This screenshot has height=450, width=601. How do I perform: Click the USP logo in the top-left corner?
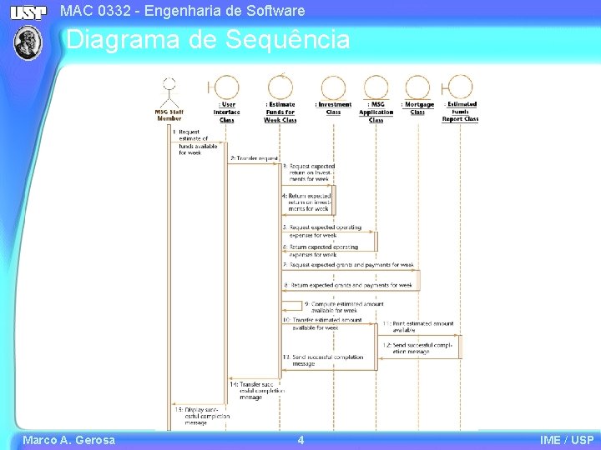28,12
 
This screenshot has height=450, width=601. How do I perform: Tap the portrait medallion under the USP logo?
28,42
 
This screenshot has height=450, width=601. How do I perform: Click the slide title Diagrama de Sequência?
208,39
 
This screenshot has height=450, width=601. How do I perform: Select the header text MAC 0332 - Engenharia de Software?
183,12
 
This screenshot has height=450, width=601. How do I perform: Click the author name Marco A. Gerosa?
68,440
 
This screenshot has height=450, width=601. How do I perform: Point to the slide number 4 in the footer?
300,440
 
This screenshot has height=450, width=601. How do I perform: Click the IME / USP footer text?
567,440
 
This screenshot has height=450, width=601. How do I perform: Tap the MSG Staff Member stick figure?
169,89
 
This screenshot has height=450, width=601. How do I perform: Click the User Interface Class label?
226,112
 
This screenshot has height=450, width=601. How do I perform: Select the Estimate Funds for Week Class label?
280,112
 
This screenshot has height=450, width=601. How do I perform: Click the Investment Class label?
333,108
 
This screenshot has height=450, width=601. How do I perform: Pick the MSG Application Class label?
376,112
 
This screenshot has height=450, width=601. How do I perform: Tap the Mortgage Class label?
417,108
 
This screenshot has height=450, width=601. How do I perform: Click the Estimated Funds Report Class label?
460,112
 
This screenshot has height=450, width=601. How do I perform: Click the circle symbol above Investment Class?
333,87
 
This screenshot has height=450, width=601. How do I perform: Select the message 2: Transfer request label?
255,157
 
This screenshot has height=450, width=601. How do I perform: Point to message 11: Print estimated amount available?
418,326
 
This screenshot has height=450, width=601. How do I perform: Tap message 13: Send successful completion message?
324,360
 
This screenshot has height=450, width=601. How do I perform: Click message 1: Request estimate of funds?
189,142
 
